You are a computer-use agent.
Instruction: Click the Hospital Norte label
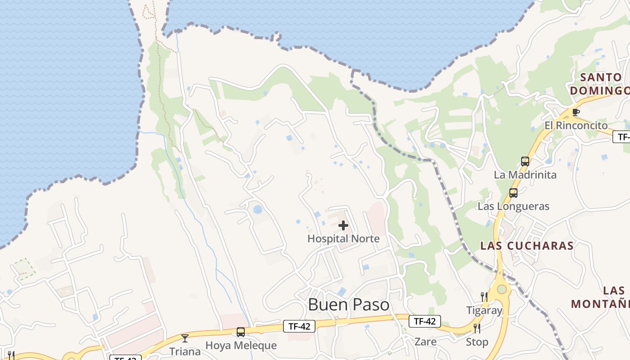tap(343, 238)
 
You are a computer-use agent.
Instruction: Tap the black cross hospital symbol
tap(343, 225)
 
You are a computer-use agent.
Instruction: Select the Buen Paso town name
tap(349, 305)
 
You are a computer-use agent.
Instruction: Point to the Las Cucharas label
tap(527, 246)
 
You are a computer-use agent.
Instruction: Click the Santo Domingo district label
tap(600, 84)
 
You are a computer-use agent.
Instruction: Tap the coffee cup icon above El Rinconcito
tap(576, 112)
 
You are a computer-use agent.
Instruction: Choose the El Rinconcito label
tap(576, 125)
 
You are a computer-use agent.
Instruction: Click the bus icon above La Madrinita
tap(525, 162)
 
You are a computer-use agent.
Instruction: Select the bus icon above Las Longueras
tap(513, 193)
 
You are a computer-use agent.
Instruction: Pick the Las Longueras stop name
tap(513, 207)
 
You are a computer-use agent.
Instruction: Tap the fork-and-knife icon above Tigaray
tap(484, 297)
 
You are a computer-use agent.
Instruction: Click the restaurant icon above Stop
tap(477, 328)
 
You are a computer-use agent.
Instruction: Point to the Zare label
tap(425, 342)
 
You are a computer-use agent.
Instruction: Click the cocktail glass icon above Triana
tap(184, 338)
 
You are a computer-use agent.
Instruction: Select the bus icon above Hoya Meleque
tap(241, 333)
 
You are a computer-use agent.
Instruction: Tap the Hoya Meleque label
tap(241, 346)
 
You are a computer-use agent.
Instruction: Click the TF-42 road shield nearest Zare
tap(424, 321)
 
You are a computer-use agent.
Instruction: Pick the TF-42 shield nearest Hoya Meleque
tap(299, 326)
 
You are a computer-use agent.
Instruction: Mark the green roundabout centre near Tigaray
tap(502, 289)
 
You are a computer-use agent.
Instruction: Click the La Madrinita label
tap(525, 175)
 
